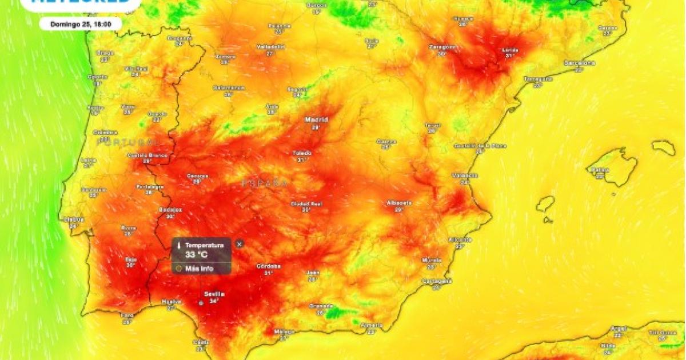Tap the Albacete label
pyautogui.click(x=399, y=203)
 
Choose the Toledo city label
pyautogui.click(x=302, y=153)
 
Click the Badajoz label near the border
pyautogui.click(x=170, y=210)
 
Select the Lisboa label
pyautogui.click(x=74, y=219)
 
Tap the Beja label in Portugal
pyautogui.click(x=131, y=259)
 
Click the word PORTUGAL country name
pyautogui.click(x=127, y=142)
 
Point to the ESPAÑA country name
pyautogui.click(x=264, y=183)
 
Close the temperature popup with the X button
pyautogui.click(x=240, y=244)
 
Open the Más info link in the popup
pyautogui.click(x=200, y=268)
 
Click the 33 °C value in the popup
pyautogui.click(x=196, y=254)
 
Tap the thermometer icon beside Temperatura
pyautogui.click(x=180, y=245)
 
